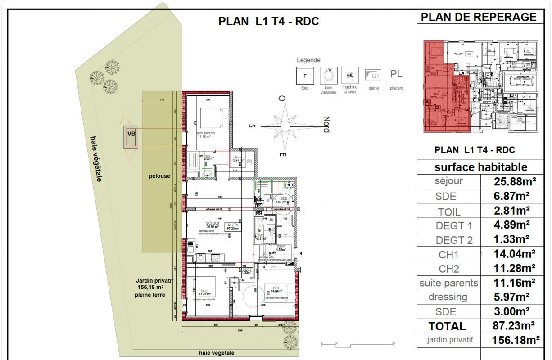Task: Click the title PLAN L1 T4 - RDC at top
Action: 268,22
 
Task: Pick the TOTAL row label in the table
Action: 447,326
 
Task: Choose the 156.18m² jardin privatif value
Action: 514,340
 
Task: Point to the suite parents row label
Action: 448,283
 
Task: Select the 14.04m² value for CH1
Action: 514,254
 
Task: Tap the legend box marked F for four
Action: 305,75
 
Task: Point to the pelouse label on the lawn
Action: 159,176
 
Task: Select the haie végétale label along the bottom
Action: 216,353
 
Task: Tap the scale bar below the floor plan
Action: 357,344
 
